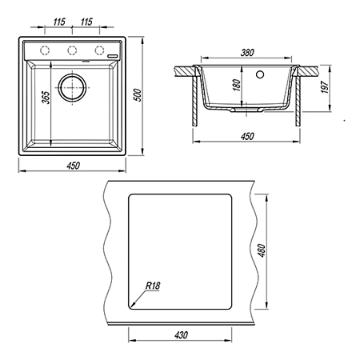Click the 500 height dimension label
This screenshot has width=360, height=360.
click(138, 95)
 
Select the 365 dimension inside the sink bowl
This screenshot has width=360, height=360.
click(46, 98)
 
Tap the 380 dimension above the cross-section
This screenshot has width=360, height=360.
click(247, 53)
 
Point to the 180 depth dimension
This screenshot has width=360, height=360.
click(237, 85)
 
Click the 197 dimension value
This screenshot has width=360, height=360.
click(325, 87)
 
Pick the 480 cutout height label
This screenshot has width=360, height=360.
click(262, 250)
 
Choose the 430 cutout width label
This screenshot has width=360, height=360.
click(181, 335)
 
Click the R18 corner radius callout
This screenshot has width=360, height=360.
click(153, 286)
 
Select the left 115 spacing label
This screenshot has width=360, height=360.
click(59, 22)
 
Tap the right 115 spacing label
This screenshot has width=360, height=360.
click(86, 22)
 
